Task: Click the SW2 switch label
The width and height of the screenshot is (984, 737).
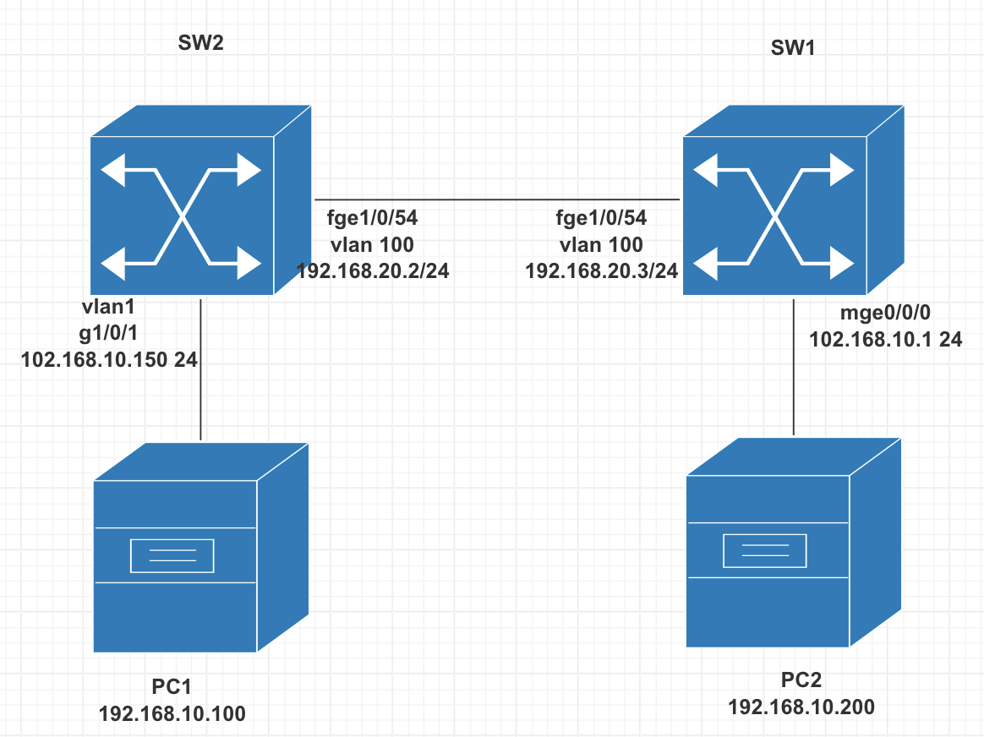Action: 201,44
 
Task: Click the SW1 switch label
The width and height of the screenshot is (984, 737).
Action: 793,49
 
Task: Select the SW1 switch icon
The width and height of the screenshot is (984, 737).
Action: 793,201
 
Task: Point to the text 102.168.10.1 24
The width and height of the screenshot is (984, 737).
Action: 885,339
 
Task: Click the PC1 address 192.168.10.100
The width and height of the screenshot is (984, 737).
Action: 172,713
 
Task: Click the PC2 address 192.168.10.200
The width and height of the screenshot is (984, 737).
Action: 801,707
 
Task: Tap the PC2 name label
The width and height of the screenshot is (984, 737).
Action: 801,680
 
